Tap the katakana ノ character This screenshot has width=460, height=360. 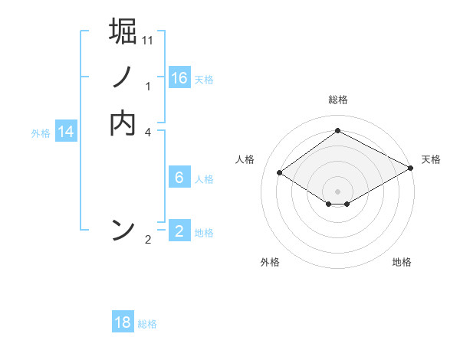pyautogui.click(x=123, y=77)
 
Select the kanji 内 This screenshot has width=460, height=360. pyautogui.click(x=123, y=123)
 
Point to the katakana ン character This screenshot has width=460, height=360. pyautogui.click(x=123, y=230)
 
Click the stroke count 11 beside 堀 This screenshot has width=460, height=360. pyautogui.click(x=148, y=40)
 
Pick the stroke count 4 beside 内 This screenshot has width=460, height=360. pyautogui.click(x=148, y=132)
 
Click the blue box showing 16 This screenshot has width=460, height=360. pyautogui.click(x=179, y=78)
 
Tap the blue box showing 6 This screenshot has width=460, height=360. pyautogui.click(x=179, y=178)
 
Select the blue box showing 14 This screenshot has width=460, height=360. pyautogui.click(x=66, y=132)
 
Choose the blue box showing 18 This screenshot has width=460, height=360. pyautogui.click(x=123, y=322)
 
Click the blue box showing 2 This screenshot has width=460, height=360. pyautogui.click(x=179, y=231)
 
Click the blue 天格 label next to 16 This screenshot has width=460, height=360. pyautogui.click(x=204, y=80)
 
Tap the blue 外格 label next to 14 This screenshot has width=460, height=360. pyautogui.click(x=41, y=133)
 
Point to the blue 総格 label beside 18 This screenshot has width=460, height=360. pyautogui.click(x=147, y=324)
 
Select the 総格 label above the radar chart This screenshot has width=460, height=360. pyautogui.click(x=337, y=100)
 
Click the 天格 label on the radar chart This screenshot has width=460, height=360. pyautogui.click(x=431, y=159)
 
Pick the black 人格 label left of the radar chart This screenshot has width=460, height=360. pyautogui.click(x=245, y=159)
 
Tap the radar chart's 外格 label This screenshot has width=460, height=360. pyautogui.click(x=270, y=262)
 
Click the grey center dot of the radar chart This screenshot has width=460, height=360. pyautogui.click(x=337, y=191)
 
